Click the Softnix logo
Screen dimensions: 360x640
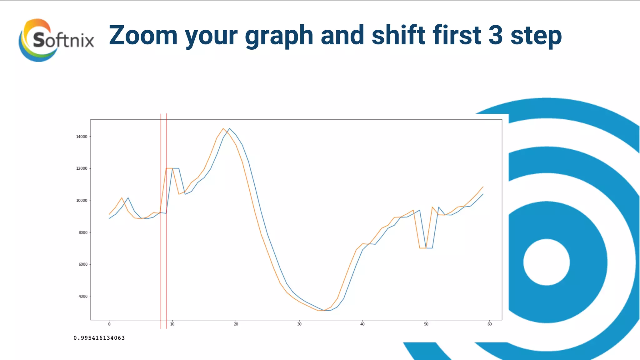click(x=56, y=40)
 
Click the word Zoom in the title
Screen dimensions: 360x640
click(x=143, y=35)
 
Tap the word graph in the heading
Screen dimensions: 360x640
click(x=279, y=36)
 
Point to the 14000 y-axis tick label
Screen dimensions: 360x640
click(x=82, y=137)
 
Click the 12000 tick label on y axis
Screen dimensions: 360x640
click(x=82, y=168)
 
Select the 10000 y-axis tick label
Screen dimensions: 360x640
click(x=82, y=200)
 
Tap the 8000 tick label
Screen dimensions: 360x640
click(x=83, y=232)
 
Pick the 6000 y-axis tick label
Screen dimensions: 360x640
click(x=83, y=264)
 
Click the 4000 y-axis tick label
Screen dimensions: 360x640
click(x=83, y=296)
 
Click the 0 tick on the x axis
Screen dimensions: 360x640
click(x=109, y=324)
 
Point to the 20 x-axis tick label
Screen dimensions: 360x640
click(x=236, y=324)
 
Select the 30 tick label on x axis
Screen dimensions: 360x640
click(x=299, y=324)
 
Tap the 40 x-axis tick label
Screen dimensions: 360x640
click(x=362, y=324)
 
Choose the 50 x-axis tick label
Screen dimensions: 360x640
click(x=426, y=324)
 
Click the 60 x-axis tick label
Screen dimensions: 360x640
click(x=489, y=324)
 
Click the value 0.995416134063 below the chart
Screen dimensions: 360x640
click(x=99, y=338)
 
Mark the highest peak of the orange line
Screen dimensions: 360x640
click(x=223, y=128)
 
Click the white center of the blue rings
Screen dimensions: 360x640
click(x=546, y=262)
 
